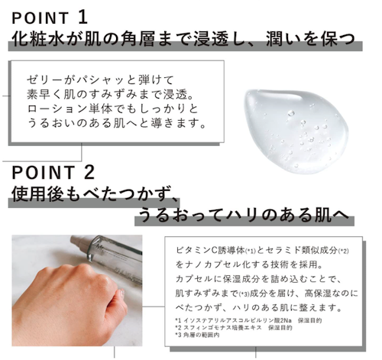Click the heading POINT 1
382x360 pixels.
tap(50, 18)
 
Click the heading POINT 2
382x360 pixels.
tap(53, 172)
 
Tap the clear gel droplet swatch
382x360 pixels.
tap(296, 131)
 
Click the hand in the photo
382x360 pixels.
tap(70, 300)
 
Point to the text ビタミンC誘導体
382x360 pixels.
tap(210, 250)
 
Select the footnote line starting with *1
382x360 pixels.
tap(249, 320)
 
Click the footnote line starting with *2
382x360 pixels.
tap(234, 328)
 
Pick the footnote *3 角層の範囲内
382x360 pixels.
tap(197, 335)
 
